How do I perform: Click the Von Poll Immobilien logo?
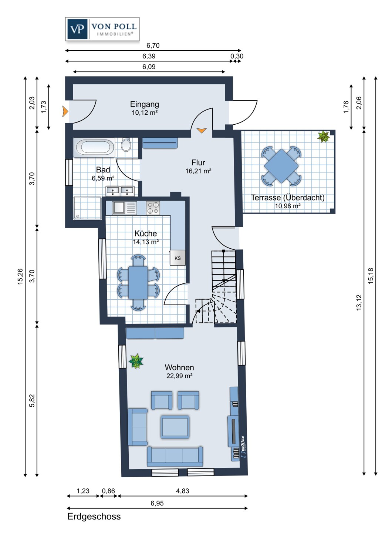102,29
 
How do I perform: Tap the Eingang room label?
145,104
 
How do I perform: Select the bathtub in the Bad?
94,148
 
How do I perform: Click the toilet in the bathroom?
126,145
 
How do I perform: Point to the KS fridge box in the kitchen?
178,258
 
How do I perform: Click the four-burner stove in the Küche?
153,208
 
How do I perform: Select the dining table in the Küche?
138,283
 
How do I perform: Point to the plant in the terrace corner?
324,137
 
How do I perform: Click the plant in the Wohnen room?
136,361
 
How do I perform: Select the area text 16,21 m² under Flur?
198,171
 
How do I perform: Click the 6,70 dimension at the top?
153,46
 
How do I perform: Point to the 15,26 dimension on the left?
20,276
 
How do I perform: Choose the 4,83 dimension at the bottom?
183,491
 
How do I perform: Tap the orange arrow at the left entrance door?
65,111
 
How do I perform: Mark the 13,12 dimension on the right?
359,303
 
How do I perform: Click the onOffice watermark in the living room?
243,447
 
